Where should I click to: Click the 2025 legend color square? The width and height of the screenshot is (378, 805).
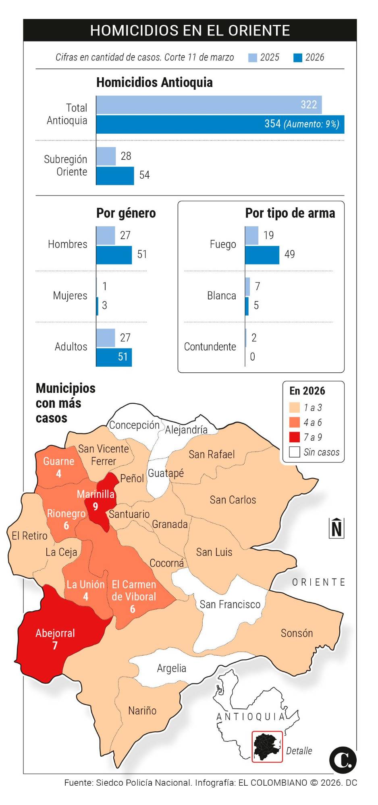(253, 58)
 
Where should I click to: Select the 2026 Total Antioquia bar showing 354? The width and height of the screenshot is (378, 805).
(220, 124)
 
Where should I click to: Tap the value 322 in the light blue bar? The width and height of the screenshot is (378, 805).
(309, 105)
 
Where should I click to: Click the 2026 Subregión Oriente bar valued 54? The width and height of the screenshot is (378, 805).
(115, 175)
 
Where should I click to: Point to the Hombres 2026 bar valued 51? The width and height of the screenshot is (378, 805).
(114, 255)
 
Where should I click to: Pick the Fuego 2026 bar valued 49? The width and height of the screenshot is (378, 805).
(262, 255)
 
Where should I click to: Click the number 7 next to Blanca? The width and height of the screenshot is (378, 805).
(258, 286)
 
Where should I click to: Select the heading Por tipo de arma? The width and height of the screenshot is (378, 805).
(290, 213)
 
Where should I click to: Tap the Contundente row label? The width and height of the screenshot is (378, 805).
(210, 347)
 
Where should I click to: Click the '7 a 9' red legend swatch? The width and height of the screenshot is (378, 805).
(295, 437)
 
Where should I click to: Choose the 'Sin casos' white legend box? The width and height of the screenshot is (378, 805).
(295, 452)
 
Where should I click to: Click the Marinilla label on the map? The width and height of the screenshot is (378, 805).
(96, 494)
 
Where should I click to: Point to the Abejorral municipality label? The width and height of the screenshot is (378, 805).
(55, 633)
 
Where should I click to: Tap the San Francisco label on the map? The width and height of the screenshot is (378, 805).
(230, 604)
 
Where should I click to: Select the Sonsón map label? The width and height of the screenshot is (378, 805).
(297, 633)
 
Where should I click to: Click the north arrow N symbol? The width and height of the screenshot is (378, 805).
(336, 528)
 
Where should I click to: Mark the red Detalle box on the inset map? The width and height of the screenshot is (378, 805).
(267, 747)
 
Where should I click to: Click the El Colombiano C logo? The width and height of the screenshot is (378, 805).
(343, 760)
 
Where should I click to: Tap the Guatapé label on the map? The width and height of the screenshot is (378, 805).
(166, 473)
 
